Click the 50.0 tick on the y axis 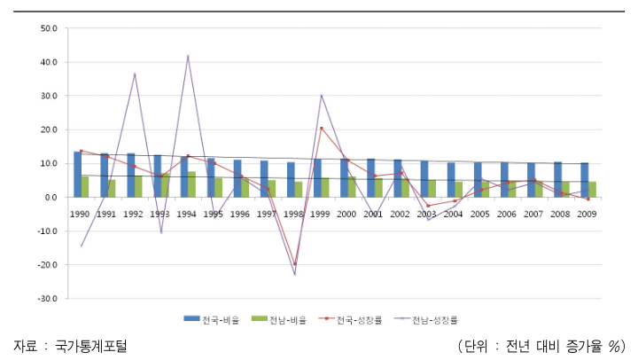pos(49,28)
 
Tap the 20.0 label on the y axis pos(49,129)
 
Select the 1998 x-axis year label pos(295,214)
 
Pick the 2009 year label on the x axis pos(587,214)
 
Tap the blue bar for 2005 pos(478,180)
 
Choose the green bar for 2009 pos(592,190)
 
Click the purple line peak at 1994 pos(188,56)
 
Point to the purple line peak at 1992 pos(135,74)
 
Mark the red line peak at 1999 pos(321,128)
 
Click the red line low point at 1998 pos(294,263)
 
